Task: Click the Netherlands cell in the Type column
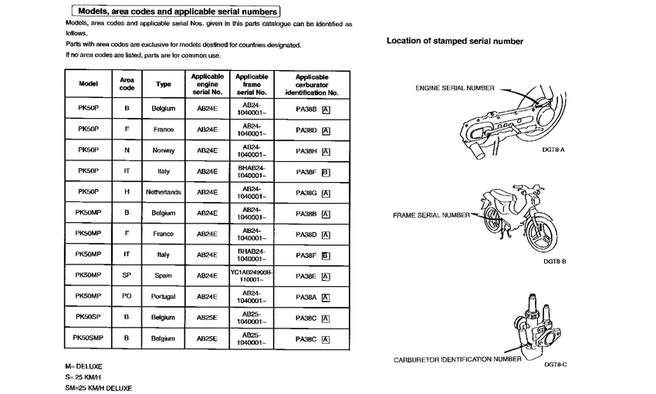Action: click(164, 192)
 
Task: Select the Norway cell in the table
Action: click(164, 150)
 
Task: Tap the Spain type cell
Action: click(164, 275)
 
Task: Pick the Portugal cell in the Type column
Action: click(164, 296)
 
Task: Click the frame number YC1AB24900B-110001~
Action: click(252, 275)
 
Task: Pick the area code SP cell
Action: click(127, 275)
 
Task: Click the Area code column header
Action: click(127, 83)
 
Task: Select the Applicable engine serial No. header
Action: click(207, 84)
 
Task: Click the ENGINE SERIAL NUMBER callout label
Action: click(455, 89)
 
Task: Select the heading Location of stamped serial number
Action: click(455, 41)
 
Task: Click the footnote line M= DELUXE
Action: click(84, 365)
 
